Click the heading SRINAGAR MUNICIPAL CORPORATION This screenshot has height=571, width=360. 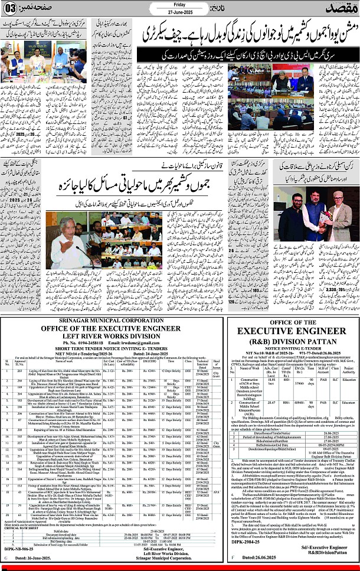112,350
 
